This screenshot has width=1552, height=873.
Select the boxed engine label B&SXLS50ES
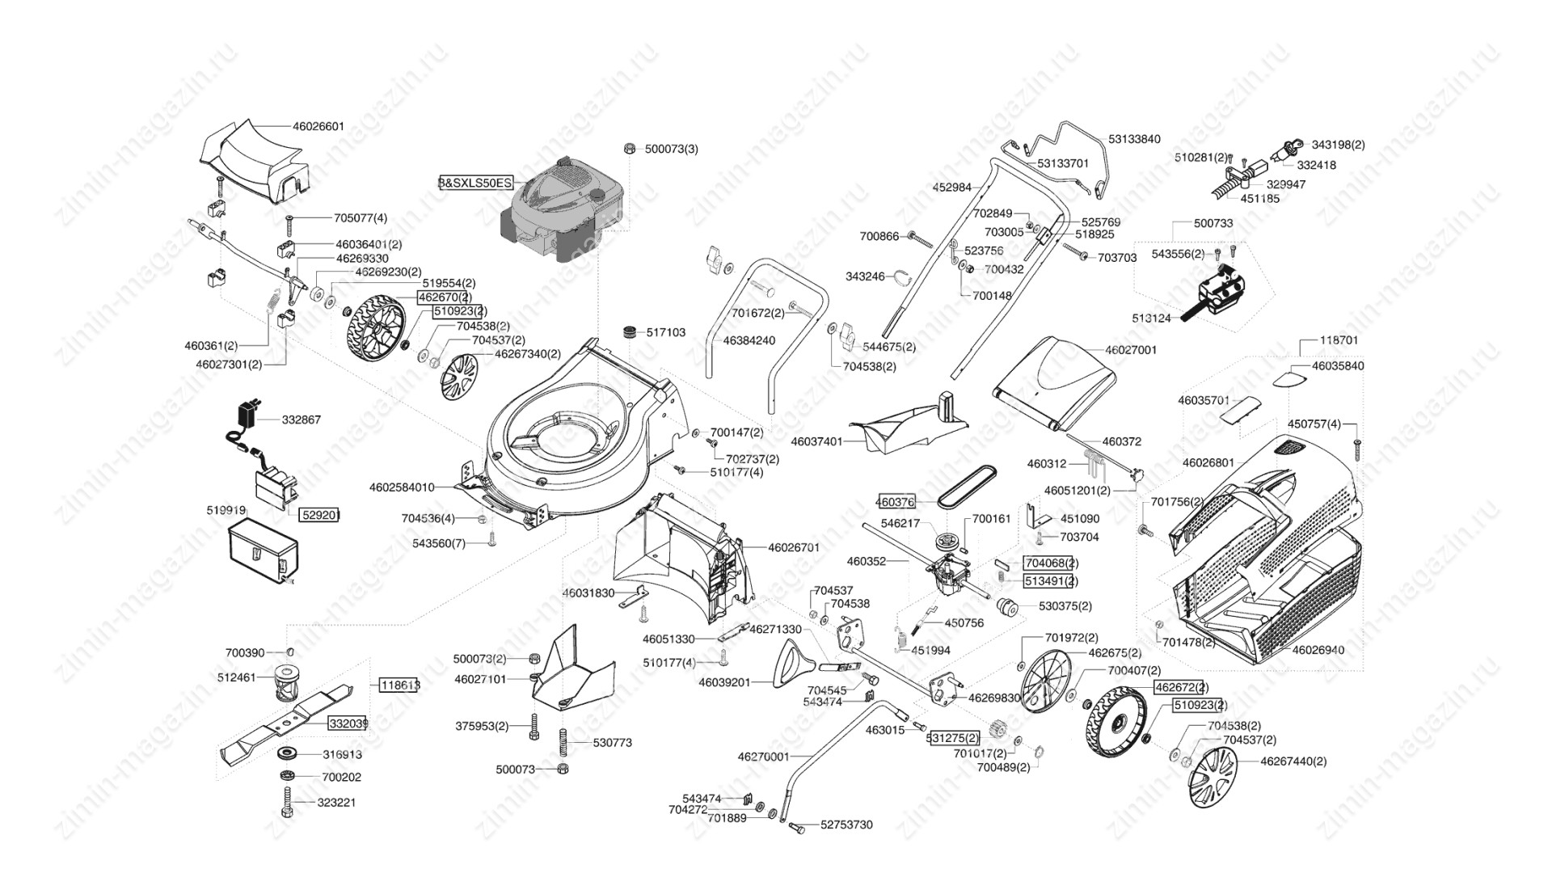475,183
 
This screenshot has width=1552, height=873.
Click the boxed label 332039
348,723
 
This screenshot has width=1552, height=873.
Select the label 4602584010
402,487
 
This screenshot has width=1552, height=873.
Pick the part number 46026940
1318,650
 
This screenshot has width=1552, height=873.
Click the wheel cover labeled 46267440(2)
1213,777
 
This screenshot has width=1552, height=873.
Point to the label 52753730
846,824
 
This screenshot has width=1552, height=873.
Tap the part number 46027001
1131,350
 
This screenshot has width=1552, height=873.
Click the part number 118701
1339,340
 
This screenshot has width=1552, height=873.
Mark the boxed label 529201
320,514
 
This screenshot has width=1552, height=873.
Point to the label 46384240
749,340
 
